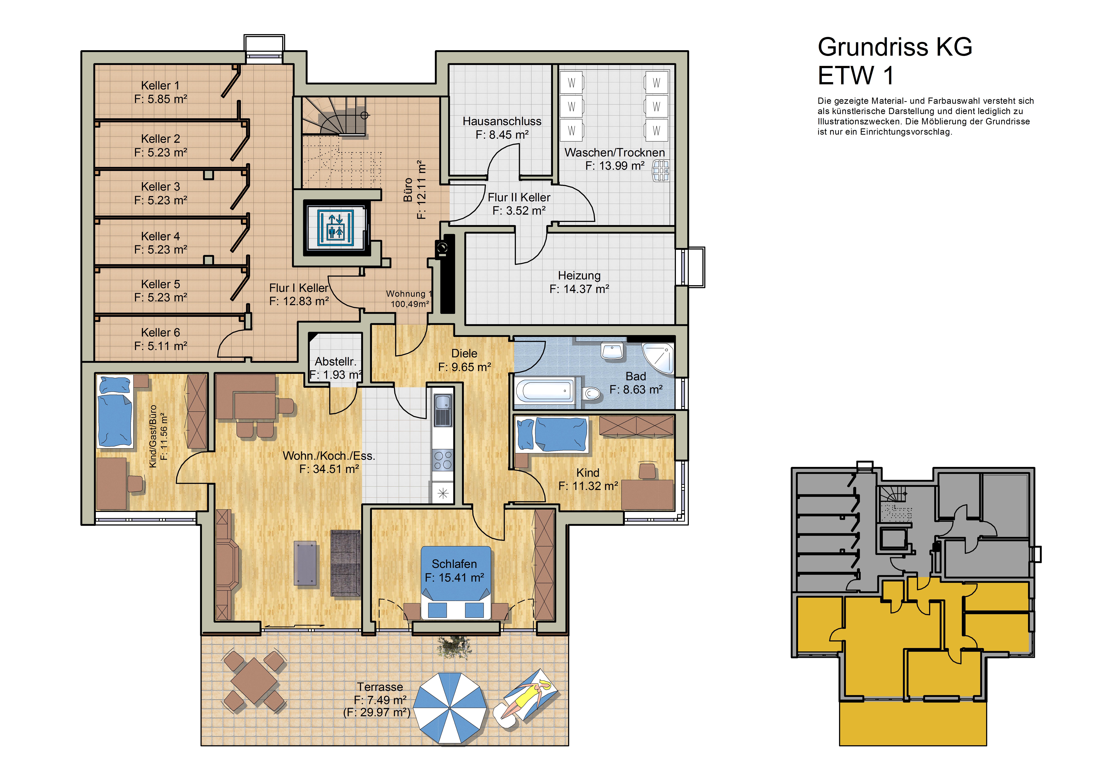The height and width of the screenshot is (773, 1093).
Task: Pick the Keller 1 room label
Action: (x=160, y=85)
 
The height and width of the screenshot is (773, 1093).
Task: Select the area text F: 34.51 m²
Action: (x=329, y=469)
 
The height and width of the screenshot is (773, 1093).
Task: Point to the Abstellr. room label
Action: (x=335, y=362)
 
